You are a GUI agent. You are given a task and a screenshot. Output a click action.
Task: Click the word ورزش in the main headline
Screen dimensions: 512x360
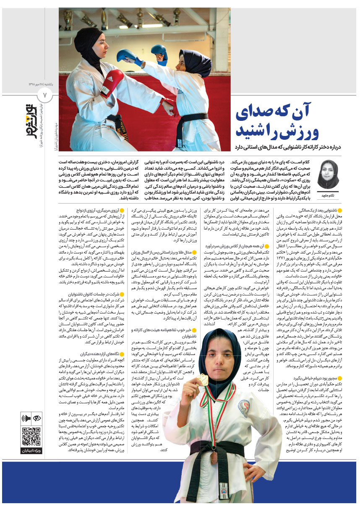292,129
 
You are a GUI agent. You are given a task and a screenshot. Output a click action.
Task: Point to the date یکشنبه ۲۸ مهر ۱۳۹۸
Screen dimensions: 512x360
45,65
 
